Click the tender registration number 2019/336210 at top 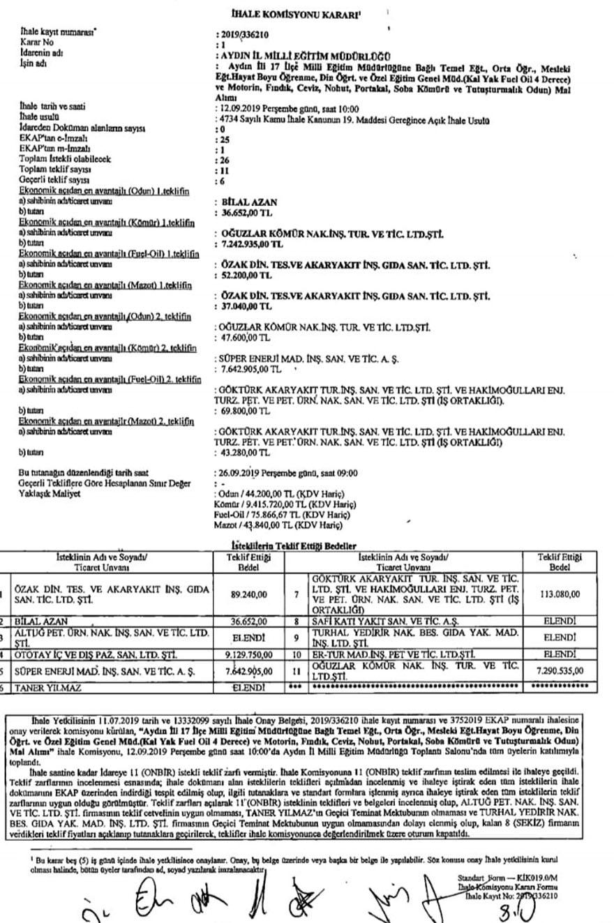[x=245, y=33]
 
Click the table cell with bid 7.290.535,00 [x=560, y=670]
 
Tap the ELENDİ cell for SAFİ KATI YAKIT [x=560, y=619]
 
